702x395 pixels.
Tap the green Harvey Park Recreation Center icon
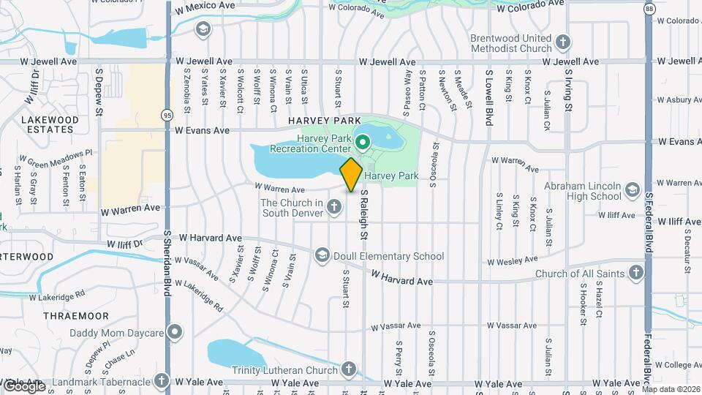tap(362, 141)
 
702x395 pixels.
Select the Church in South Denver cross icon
tap(334, 208)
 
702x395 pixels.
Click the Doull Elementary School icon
tap(322, 255)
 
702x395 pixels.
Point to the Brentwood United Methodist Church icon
tap(563, 42)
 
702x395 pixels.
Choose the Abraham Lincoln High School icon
tap(633, 189)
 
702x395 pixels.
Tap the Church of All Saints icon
tap(636, 274)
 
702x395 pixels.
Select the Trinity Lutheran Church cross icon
tap(349, 369)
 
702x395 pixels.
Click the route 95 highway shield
tap(167, 115)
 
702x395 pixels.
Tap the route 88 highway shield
tap(649, 7)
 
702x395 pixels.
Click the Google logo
tap(23, 385)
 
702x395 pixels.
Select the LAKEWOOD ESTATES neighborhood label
tap(50, 125)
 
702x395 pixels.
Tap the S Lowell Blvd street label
tap(488, 97)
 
